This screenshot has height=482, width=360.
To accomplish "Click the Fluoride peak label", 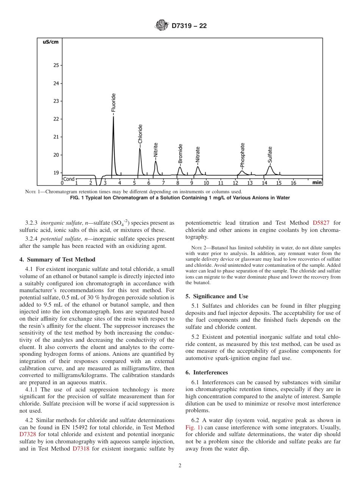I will coord(113,103).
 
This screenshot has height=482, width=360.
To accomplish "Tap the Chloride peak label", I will coord(140,134).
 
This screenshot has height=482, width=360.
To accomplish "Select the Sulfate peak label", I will coord(270,155).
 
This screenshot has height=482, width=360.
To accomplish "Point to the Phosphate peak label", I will coord(243,155).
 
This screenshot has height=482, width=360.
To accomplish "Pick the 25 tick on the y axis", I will coord(56,65).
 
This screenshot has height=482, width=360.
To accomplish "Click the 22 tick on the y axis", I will coord(56,119).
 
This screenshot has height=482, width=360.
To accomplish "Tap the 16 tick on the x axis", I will coord(293,183).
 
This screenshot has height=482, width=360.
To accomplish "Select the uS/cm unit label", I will coord(50,42).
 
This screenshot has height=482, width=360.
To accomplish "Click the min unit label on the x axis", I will coord(317,183).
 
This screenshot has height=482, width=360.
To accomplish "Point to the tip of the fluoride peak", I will coord(113,117).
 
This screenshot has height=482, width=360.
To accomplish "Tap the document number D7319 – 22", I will coord(189,26).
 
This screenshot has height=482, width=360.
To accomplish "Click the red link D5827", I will coord(321,223).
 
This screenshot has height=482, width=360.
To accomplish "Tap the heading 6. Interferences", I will coord(207,372).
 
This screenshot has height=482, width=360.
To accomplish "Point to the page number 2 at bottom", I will coord(180,466).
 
